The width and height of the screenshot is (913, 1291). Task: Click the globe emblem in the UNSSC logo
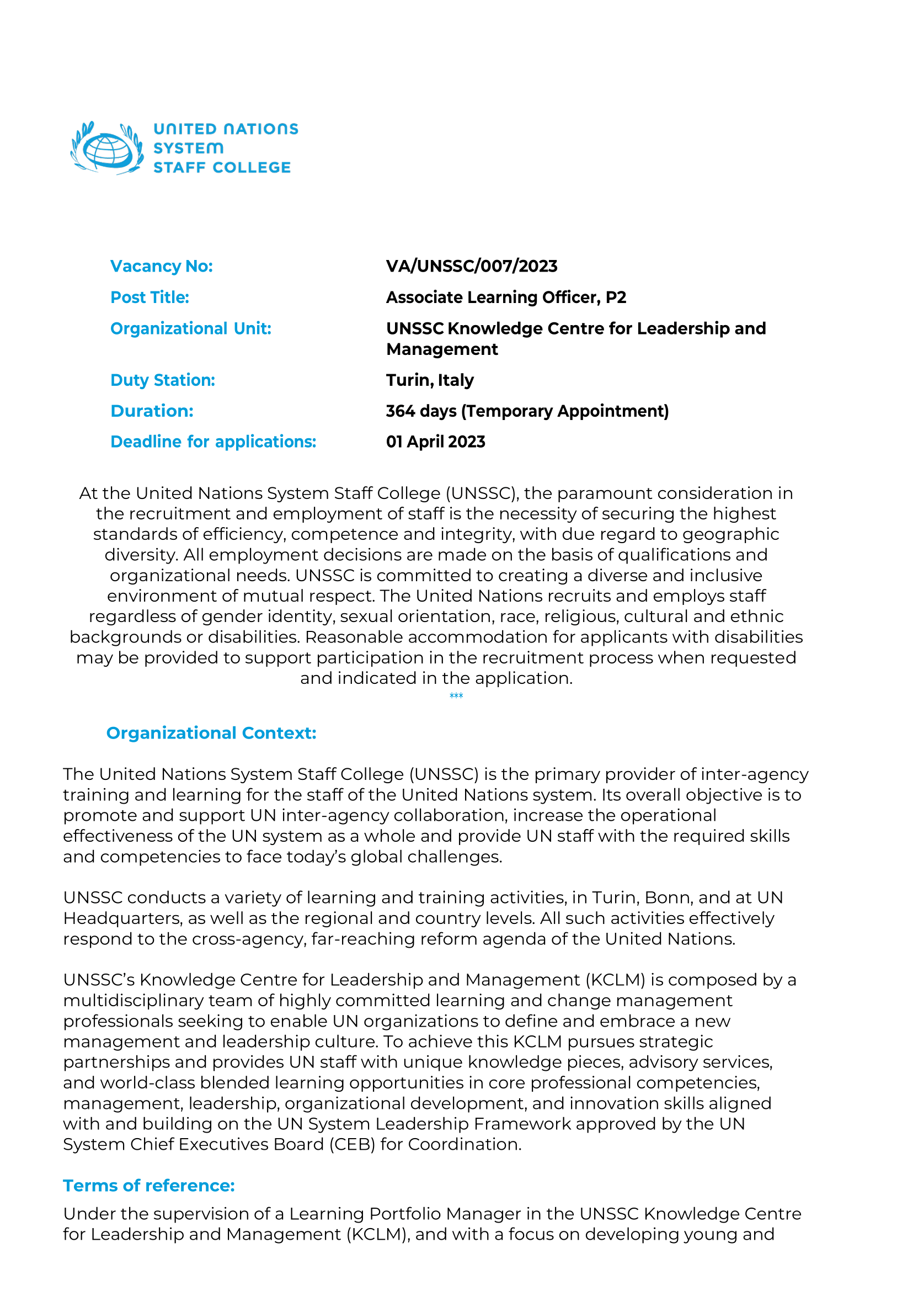point(107,148)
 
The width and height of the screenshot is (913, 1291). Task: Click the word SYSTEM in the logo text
point(188,148)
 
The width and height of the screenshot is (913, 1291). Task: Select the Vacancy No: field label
point(161,266)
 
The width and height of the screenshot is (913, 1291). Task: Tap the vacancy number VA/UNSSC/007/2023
point(471,266)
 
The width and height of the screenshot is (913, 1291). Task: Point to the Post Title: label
point(150,297)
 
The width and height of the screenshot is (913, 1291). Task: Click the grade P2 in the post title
point(616,297)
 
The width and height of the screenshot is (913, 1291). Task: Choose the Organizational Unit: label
point(190,328)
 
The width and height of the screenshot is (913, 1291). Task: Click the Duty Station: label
point(163,380)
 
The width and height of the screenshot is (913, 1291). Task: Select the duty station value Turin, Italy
point(430,380)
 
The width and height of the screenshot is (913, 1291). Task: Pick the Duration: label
point(152,411)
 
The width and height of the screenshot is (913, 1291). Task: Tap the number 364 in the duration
point(400,411)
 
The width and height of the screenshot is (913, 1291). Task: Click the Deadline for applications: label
point(213,442)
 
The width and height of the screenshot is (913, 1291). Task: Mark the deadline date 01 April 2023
point(435,442)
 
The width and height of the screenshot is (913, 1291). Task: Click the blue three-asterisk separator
point(456,697)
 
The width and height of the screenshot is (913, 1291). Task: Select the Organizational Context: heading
point(211,733)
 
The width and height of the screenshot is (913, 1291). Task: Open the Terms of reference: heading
point(148,1185)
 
